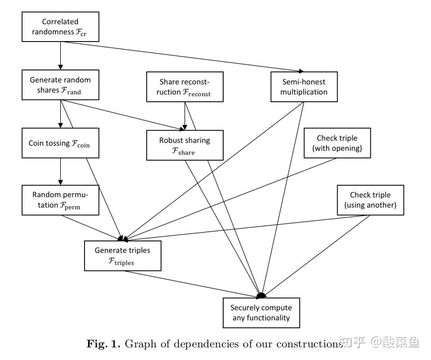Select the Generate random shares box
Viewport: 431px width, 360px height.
point(60,85)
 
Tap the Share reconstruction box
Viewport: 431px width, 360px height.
point(185,87)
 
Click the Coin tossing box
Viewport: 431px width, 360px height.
point(60,144)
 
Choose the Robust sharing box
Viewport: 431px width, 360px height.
point(184,146)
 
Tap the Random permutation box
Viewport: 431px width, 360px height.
point(60,200)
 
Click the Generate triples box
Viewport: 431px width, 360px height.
point(122,256)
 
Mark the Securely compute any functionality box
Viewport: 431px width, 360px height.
point(261,313)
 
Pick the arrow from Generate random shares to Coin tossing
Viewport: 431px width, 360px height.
point(60,114)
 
